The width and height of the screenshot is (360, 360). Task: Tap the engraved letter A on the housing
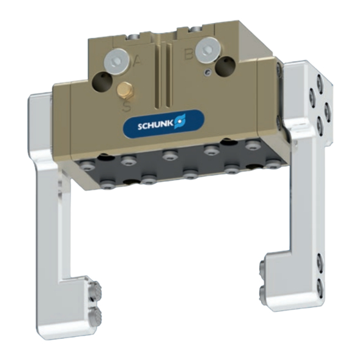click(x=138, y=60)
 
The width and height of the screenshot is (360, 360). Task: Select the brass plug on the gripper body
click(x=125, y=89)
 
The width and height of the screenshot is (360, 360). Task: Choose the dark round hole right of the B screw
click(x=226, y=67)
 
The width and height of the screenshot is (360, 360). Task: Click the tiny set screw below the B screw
click(x=208, y=72)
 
